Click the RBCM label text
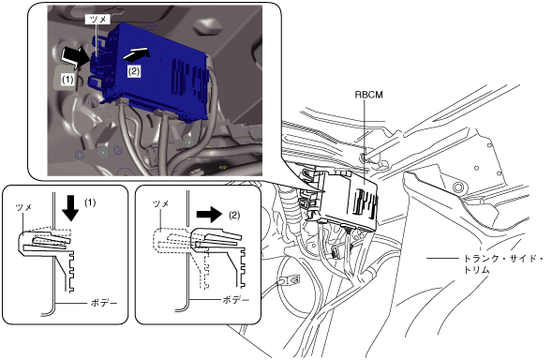[x=368, y=95]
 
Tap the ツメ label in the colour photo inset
[x=98, y=20]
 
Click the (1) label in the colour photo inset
[x=67, y=80]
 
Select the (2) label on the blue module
[x=134, y=71]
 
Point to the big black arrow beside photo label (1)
[x=75, y=57]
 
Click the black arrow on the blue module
[x=137, y=53]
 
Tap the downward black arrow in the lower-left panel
[x=71, y=208]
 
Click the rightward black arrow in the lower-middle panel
[x=209, y=215]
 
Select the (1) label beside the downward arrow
[x=90, y=202]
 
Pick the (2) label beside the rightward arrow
[x=235, y=215]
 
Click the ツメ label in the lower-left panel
[x=24, y=207]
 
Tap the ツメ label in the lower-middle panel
[x=161, y=203]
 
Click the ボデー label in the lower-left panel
[x=104, y=303]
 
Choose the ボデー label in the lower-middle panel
[x=236, y=300]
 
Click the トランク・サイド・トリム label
[x=502, y=264]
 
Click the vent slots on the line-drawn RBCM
[x=366, y=204]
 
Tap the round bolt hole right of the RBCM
[x=458, y=187]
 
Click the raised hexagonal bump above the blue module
[x=208, y=27]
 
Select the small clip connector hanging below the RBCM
[x=336, y=252]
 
